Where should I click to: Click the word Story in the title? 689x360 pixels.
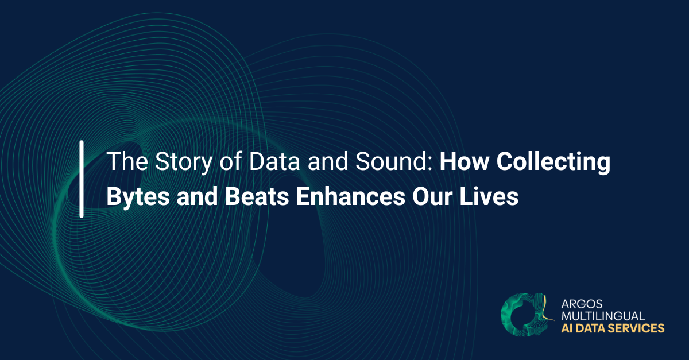(x=173, y=162)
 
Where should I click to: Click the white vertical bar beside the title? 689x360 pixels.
(x=82, y=179)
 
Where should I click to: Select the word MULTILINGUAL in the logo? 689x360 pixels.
(x=603, y=316)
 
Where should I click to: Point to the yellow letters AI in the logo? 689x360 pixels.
(x=566, y=328)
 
